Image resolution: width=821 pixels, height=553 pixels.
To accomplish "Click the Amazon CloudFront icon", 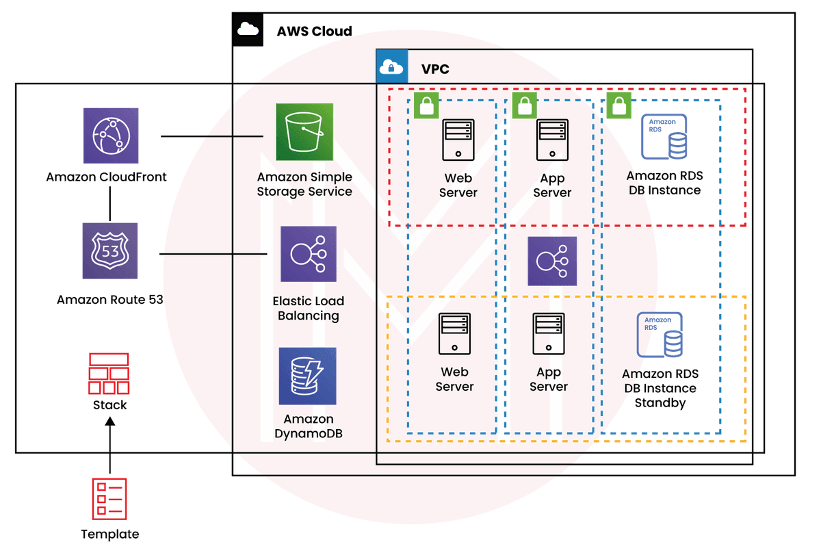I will pyautogui.click(x=110, y=135).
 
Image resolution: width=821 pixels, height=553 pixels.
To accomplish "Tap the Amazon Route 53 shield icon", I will pyautogui.click(x=110, y=250).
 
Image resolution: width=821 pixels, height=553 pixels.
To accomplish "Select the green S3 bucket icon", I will pyautogui.click(x=304, y=132).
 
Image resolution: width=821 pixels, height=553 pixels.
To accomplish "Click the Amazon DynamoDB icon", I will pyautogui.click(x=307, y=376).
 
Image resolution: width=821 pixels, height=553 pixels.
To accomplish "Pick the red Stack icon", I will pyautogui.click(x=109, y=373).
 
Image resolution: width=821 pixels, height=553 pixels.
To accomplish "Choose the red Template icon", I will pyautogui.click(x=109, y=498).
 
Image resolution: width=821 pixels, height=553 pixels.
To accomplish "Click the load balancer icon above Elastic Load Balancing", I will pyautogui.click(x=307, y=253).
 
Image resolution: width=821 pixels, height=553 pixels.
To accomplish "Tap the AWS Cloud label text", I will pyautogui.click(x=314, y=31).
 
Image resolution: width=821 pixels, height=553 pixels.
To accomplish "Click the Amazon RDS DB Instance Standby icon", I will pyautogui.click(x=660, y=335).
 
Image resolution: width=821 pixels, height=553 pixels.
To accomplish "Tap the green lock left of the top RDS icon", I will pyautogui.click(x=618, y=106).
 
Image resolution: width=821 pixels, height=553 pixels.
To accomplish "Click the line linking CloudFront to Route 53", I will pyautogui.click(x=110, y=203).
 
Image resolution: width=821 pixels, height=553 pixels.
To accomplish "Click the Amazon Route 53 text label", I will pyautogui.click(x=110, y=299).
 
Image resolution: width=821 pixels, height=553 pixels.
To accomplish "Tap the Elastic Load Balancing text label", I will pyautogui.click(x=308, y=308).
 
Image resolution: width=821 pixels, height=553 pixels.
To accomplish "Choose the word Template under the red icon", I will pyautogui.click(x=109, y=534).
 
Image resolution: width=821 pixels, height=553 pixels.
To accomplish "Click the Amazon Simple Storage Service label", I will pyautogui.click(x=304, y=185).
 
